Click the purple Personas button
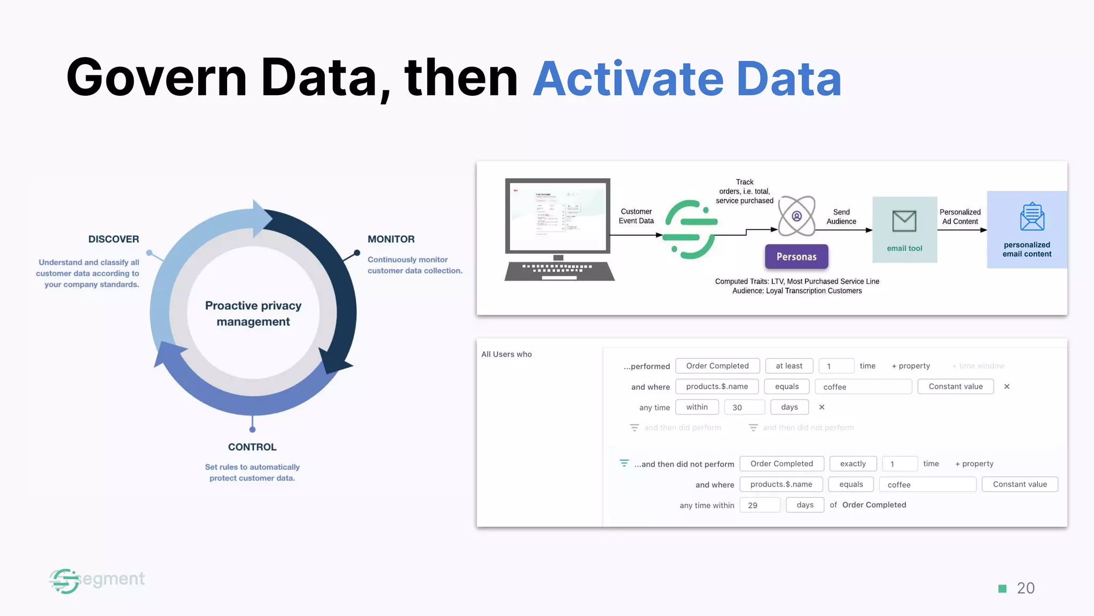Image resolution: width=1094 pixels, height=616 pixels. pyautogui.click(x=796, y=257)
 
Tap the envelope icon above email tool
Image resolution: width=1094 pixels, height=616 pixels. pyautogui.click(x=904, y=221)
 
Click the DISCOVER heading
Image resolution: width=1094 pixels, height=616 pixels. pyautogui.click(x=113, y=239)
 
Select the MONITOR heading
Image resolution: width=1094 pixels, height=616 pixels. pyautogui.click(x=391, y=239)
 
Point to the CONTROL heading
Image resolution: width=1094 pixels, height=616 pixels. pyautogui.click(x=252, y=447)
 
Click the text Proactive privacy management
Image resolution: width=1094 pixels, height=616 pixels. pyautogui.click(x=253, y=313)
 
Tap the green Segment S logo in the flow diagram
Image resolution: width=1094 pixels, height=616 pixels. pyautogui.click(x=690, y=229)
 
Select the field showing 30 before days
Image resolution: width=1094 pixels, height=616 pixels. pyautogui.click(x=744, y=407)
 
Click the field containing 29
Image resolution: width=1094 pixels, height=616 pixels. pyautogui.click(x=760, y=505)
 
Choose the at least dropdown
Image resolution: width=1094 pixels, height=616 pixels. pyautogui.click(x=789, y=366)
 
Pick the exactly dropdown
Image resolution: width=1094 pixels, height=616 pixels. pyautogui.click(x=853, y=464)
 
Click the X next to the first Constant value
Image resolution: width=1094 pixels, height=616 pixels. pyautogui.click(x=1007, y=387)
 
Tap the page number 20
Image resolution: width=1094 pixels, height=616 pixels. pyautogui.click(x=1026, y=588)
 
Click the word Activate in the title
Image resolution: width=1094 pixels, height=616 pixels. pyautogui.click(x=628, y=79)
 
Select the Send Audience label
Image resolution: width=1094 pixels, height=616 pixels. pyautogui.click(x=841, y=217)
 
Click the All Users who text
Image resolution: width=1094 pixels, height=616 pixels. pyautogui.click(x=506, y=354)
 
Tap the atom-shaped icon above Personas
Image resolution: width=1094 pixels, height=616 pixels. pyautogui.click(x=796, y=216)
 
